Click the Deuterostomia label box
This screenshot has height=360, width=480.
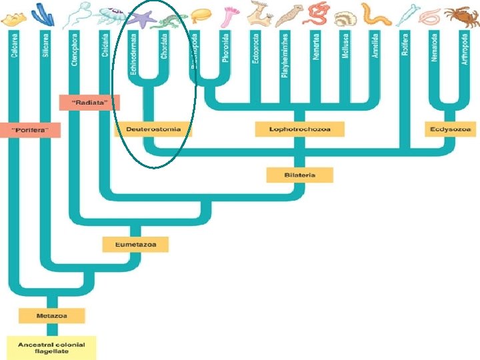(x=153, y=129)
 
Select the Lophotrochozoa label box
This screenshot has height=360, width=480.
(x=299, y=129)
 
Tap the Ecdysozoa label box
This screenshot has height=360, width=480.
(x=451, y=129)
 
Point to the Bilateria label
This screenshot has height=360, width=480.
(x=299, y=175)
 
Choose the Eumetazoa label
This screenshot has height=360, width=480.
(x=135, y=245)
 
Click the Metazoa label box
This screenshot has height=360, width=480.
(x=52, y=315)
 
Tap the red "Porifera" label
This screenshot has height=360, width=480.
(x=35, y=129)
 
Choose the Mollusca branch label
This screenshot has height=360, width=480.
(x=345, y=46)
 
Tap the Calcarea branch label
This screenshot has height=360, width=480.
(x=14, y=44)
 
